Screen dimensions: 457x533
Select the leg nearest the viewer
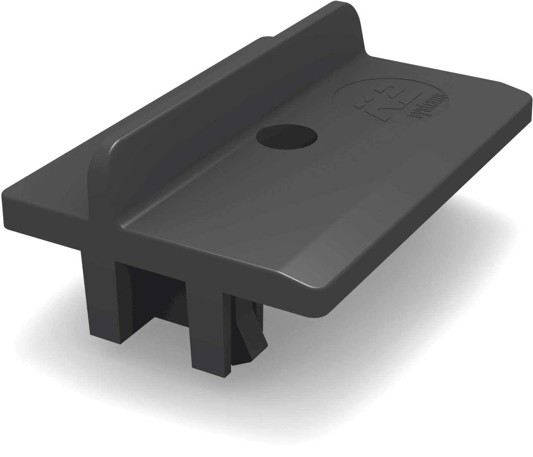point(208,325)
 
